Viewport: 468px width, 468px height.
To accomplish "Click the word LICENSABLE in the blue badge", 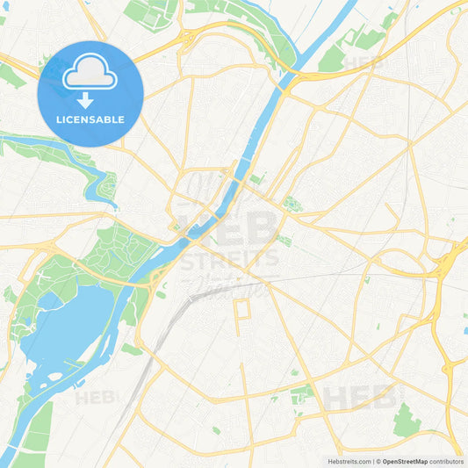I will [90, 119].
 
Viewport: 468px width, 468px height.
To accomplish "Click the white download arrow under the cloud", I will [85, 99].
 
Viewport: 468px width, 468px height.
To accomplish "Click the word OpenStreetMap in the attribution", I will [405, 461].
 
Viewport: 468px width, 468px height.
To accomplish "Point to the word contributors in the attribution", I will [447, 461].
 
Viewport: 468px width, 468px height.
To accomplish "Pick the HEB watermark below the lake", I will [95, 397].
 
